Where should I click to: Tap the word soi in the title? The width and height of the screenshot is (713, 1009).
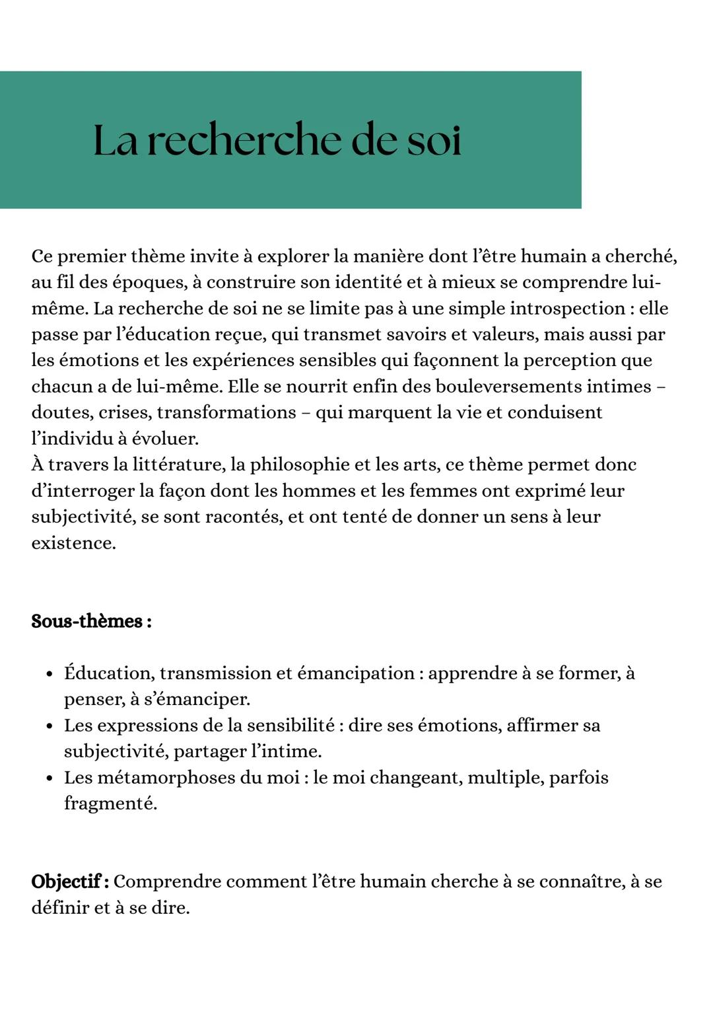(x=433, y=140)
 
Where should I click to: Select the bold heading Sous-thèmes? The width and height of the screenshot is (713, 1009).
(x=91, y=621)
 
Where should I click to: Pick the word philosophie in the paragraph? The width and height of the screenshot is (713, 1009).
(x=300, y=465)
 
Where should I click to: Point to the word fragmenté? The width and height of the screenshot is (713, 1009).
(x=110, y=803)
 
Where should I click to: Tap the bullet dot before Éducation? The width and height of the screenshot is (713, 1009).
(x=50, y=674)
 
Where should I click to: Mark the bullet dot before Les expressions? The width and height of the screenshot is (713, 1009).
(x=50, y=726)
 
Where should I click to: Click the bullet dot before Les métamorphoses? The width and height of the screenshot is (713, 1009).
(x=50, y=778)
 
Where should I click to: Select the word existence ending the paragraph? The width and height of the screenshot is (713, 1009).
(x=73, y=543)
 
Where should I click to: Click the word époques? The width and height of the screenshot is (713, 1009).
(x=150, y=283)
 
